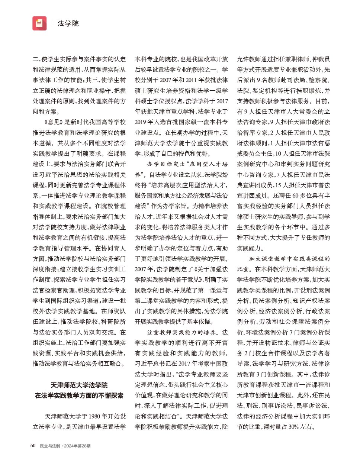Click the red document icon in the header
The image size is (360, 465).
(39, 23)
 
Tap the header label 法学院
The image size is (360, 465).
(68, 23)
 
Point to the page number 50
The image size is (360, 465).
(33, 446)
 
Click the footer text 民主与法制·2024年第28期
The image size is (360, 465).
(65, 446)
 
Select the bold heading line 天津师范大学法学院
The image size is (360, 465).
(79, 385)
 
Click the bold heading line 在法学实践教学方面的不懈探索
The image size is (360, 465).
(79, 395)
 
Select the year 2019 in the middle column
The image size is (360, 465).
(141, 122)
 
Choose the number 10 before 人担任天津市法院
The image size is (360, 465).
(278, 154)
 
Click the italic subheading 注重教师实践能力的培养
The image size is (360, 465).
(181, 332)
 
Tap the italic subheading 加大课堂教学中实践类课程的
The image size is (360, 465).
(289, 259)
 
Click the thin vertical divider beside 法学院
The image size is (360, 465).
(52, 23)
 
